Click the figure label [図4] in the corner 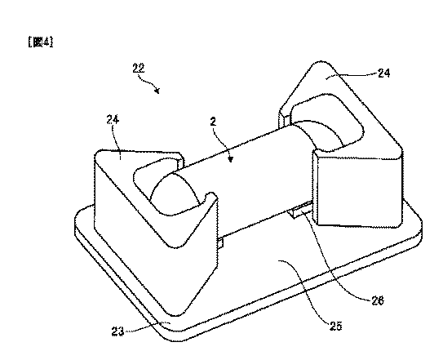[x=41, y=42]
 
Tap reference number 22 [x=139, y=68]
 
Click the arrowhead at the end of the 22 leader [x=157, y=91]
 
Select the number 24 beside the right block [x=384, y=73]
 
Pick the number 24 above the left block [x=113, y=120]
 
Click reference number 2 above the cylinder [x=213, y=122]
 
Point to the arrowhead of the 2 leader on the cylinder [x=231, y=159]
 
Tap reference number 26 [x=378, y=300]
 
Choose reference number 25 [x=335, y=326]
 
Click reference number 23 [x=117, y=331]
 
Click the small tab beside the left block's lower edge [x=220, y=243]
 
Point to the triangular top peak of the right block [x=321, y=63]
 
